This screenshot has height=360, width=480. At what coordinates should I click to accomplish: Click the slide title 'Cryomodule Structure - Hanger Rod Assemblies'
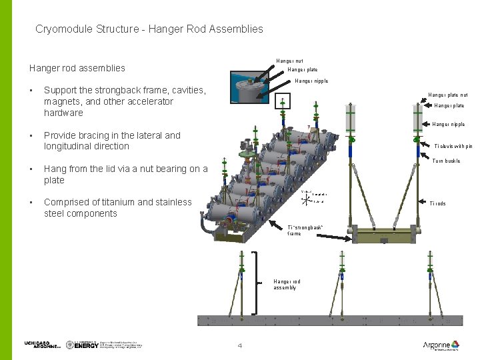149,29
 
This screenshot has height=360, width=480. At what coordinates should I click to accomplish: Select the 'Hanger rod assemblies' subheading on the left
77,68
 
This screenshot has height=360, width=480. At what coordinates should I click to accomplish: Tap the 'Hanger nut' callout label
289,61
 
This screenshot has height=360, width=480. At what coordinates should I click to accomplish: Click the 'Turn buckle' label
446,161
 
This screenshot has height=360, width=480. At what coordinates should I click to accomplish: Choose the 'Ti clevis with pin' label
452,146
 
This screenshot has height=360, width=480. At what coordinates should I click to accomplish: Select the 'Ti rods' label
437,204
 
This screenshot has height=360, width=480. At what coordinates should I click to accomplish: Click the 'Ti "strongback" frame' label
305,231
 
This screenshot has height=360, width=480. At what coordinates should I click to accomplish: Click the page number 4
240,345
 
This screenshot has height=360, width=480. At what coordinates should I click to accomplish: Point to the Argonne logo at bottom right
441,345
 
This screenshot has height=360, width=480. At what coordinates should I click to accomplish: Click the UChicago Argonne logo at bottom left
41,345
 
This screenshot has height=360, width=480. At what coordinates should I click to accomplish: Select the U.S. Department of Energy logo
83,345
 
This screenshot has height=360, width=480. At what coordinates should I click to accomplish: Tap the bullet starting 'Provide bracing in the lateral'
112,141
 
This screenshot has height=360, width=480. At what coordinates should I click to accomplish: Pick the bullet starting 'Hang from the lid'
125,175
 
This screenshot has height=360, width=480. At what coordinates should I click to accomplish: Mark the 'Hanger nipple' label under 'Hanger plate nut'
448,125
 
